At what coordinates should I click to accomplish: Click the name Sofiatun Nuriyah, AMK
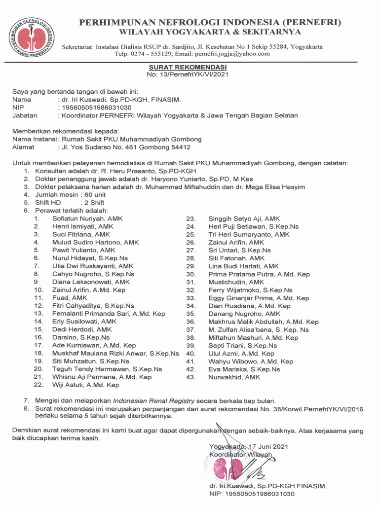tap(87, 218)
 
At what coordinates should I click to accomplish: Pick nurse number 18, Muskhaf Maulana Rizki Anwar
tap(115, 354)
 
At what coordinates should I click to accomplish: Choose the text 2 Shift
tap(94, 203)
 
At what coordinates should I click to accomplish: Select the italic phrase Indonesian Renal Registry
tap(154, 401)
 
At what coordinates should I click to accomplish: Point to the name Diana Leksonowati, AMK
tap(91, 282)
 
